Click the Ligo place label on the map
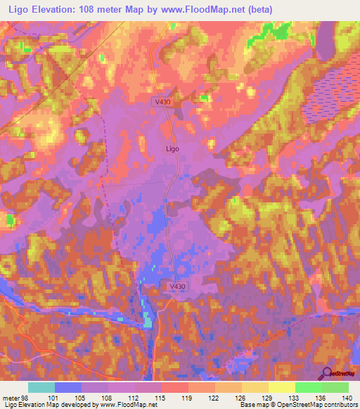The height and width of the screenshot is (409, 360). pyautogui.click(x=172, y=149)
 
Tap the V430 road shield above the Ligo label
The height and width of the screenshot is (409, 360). pyautogui.click(x=162, y=102)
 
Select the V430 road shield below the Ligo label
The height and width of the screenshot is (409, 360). pyautogui.click(x=179, y=287)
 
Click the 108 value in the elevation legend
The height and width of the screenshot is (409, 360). pyautogui.click(x=108, y=397)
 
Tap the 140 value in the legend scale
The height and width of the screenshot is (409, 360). pyautogui.click(x=348, y=397)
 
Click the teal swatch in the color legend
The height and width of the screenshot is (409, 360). pyautogui.click(x=41, y=387)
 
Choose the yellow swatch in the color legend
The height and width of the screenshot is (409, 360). pyautogui.click(x=281, y=387)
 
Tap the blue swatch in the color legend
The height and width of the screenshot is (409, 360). pyautogui.click(x=68, y=387)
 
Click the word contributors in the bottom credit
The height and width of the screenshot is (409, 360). pyautogui.click(x=340, y=405)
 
